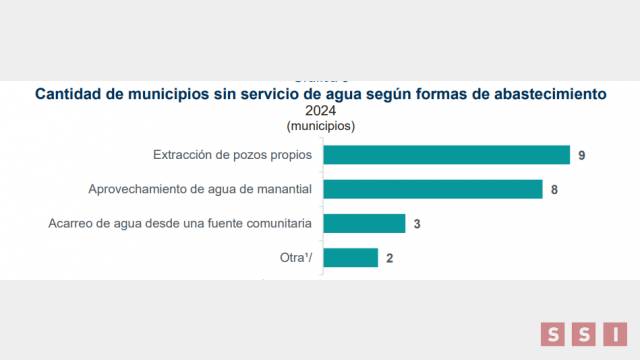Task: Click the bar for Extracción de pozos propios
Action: tap(446, 155)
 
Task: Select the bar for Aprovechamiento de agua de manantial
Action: tap(432, 189)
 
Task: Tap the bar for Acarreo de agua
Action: tap(364, 223)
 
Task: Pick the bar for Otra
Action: tap(350, 257)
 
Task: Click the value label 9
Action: tap(580, 155)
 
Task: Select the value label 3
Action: tap(416, 223)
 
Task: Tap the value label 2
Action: tap(388, 257)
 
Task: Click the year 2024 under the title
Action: tap(320, 111)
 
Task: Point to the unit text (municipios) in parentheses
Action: tap(320, 126)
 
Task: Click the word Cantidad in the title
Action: tap(72, 94)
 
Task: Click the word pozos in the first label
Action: tap(247, 155)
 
